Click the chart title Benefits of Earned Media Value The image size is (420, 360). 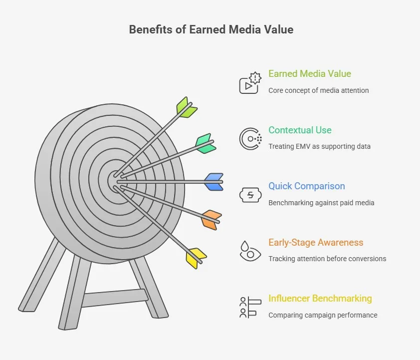click(x=211, y=29)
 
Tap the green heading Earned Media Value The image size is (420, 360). click(x=309, y=74)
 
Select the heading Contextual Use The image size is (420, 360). click(x=300, y=130)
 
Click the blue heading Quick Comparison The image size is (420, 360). click(x=306, y=186)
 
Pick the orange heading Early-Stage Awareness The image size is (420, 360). click(x=316, y=243)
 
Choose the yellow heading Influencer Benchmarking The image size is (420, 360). click(x=320, y=299)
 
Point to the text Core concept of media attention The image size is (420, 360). click(x=318, y=90)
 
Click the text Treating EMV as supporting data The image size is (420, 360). click(x=319, y=146)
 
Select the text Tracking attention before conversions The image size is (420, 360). click(x=327, y=259)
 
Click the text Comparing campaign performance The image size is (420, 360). click(x=323, y=315)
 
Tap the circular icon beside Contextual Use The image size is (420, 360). click(x=250, y=139)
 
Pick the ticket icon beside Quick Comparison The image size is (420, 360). click(x=250, y=195)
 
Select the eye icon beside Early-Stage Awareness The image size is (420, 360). click(x=250, y=251)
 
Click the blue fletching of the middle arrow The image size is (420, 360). click(x=214, y=182)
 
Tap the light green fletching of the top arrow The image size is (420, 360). click(x=186, y=107)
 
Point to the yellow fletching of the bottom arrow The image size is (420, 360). click(x=196, y=257)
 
